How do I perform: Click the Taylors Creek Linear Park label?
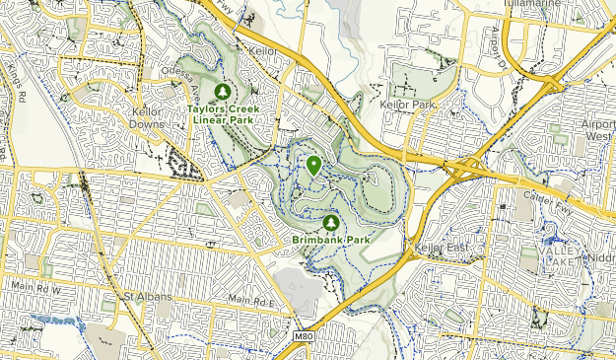(221, 113)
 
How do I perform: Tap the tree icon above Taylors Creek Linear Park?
(222, 91)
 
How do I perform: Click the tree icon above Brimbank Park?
(330, 223)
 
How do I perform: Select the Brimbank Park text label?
(330, 240)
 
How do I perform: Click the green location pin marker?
(313, 166)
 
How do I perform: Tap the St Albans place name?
(147, 296)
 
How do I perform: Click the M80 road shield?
(306, 336)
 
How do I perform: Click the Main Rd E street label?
(248, 300)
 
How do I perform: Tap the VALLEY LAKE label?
(558, 254)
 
